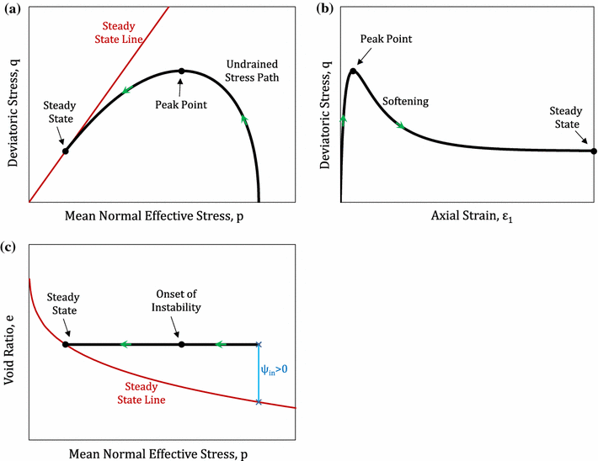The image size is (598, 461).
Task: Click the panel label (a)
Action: pos(12,11)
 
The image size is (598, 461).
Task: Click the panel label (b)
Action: pos(323,11)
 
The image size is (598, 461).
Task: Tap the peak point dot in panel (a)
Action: pos(181,71)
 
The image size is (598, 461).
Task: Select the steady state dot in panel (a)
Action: pos(65,151)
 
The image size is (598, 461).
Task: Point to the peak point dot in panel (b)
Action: pos(354,71)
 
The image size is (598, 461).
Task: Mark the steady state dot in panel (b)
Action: pos(593,151)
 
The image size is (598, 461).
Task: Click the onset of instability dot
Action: pos(181,344)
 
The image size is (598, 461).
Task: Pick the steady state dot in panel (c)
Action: pos(65,344)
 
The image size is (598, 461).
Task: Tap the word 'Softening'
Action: pos(405,102)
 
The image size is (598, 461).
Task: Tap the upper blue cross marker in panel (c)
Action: pos(259,344)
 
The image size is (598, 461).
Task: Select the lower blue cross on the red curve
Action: pos(259,402)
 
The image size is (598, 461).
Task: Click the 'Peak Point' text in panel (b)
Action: pos(385,40)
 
